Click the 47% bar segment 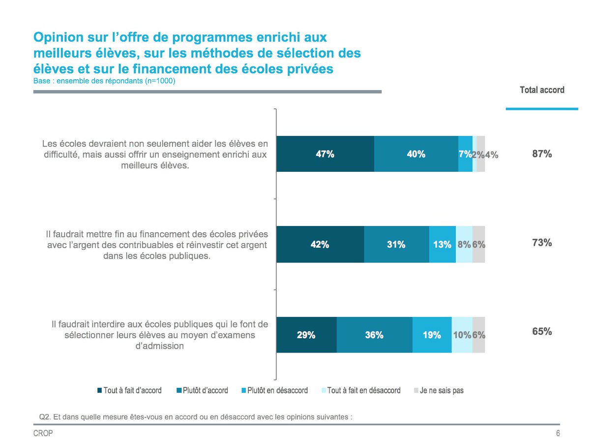click(x=325, y=154)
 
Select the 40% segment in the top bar click(x=416, y=154)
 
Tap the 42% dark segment click(x=320, y=244)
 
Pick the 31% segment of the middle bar click(x=396, y=244)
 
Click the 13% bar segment click(x=442, y=244)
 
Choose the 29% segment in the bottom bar click(x=306, y=335)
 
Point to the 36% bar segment click(x=374, y=335)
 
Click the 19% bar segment click(x=432, y=335)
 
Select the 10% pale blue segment click(x=462, y=335)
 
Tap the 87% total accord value click(x=542, y=154)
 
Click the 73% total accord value click(x=542, y=243)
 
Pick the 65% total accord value click(x=542, y=331)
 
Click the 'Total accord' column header click(x=542, y=90)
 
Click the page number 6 click(x=558, y=434)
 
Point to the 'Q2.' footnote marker click(x=45, y=416)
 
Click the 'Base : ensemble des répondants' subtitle click(x=104, y=81)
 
